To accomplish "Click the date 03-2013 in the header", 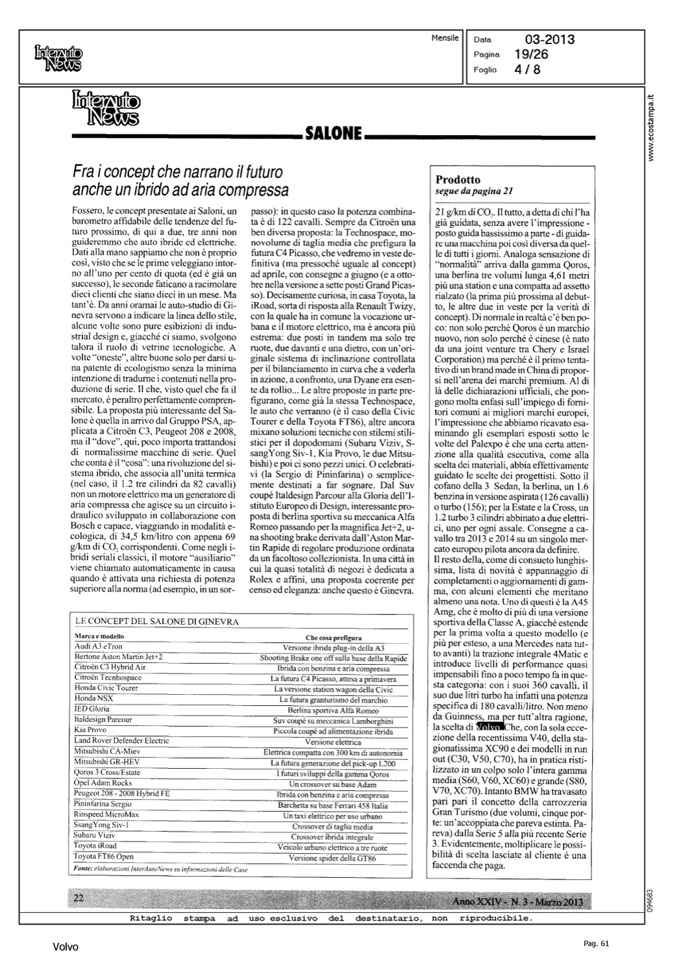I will (549, 40).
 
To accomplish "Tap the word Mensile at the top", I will (445, 38).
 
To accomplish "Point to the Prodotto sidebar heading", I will (458, 179).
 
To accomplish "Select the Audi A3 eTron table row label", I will (98, 647).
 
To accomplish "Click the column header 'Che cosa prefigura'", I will (334, 637).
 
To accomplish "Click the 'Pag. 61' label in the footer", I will (595, 943).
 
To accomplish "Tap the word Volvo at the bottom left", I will (66, 947).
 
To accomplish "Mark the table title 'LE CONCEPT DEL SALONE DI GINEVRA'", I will (157, 621).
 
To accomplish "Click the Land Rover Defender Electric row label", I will (121, 741).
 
